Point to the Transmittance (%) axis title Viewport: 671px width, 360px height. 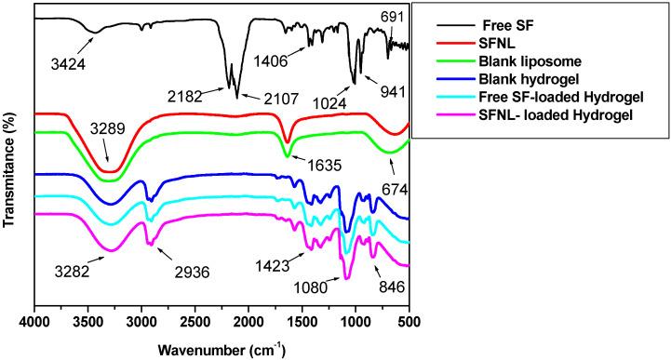(x=9, y=164)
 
